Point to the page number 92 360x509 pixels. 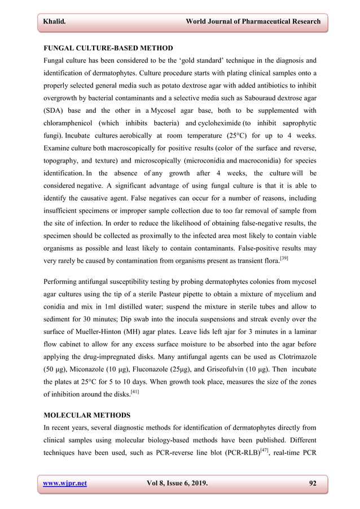click(312, 483)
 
